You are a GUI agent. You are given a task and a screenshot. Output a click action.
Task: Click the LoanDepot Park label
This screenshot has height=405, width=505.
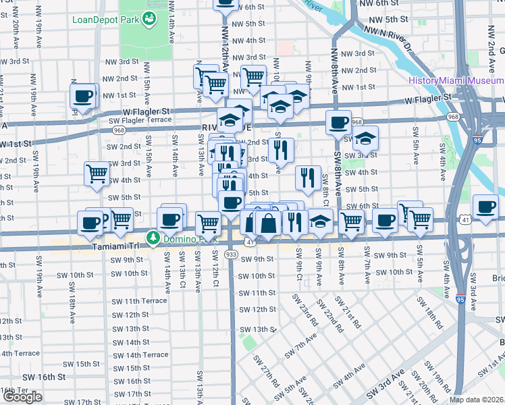105,18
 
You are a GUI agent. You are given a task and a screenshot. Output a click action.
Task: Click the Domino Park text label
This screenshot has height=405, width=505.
188,238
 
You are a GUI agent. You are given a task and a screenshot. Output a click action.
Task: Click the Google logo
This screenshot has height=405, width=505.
22,397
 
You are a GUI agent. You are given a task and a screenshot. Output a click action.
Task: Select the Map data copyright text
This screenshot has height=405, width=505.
477,400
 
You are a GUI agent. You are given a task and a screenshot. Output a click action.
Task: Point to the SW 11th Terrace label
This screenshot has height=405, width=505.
140,300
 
